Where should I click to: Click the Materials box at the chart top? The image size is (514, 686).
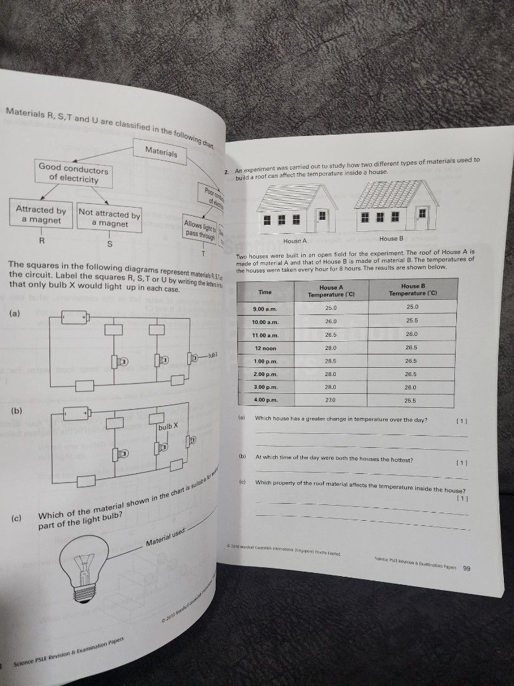coord(161,152)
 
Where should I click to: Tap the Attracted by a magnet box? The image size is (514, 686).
coord(41,215)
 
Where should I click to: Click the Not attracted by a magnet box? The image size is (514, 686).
coord(109,219)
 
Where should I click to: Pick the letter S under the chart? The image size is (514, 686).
coord(109,244)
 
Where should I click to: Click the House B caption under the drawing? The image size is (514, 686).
coord(391,239)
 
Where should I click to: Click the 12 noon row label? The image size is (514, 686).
coord(265,349)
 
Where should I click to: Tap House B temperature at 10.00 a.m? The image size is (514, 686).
coord(411,321)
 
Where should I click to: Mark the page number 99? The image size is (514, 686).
coord(466,568)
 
